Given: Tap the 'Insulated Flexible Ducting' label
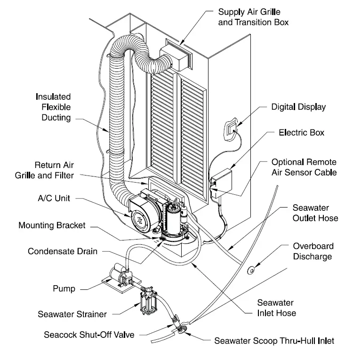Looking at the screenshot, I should (x=53, y=107).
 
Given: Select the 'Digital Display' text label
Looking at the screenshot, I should (x=298, y=107).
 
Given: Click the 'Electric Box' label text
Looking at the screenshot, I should (x=301, y=133).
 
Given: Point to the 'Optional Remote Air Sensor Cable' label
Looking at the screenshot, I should (x=304, y=167).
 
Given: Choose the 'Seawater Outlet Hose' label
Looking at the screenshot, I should (x=315, y=213).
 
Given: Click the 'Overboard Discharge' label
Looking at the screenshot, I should (x=313, y=251).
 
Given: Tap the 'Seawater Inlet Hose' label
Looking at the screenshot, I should (x=275, y=308).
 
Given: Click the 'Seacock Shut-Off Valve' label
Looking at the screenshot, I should (x=89, y=336).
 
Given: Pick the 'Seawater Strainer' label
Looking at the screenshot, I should (x=72, y=314).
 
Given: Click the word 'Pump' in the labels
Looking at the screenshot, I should (x=64, y=288).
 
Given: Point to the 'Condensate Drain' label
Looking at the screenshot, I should (x=63, y=251).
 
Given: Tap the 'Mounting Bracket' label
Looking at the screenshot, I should (x=52, y=225).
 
